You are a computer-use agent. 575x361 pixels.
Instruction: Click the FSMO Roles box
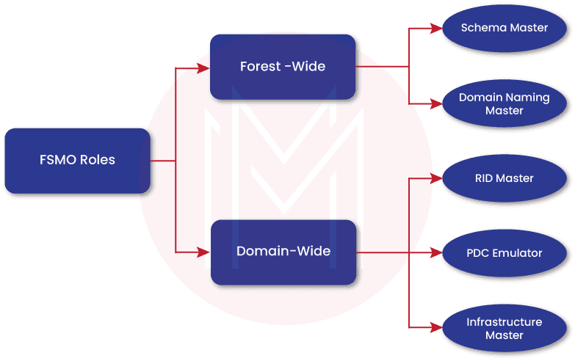point(77,160)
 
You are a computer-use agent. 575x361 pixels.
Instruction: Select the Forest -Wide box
point(283,67)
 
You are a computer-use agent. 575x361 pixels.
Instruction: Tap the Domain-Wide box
point(283,252)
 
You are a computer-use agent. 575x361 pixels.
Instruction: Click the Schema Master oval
point(504,29)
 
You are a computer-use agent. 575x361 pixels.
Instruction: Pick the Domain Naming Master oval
point(504,103)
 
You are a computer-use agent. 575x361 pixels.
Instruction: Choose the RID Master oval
point(504,178)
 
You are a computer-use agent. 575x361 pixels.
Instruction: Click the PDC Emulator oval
point(504,253)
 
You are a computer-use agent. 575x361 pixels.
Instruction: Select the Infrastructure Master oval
point(504,328)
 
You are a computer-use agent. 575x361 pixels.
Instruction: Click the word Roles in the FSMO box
point(97,160)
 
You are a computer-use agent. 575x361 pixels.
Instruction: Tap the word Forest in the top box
point(259,67)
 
